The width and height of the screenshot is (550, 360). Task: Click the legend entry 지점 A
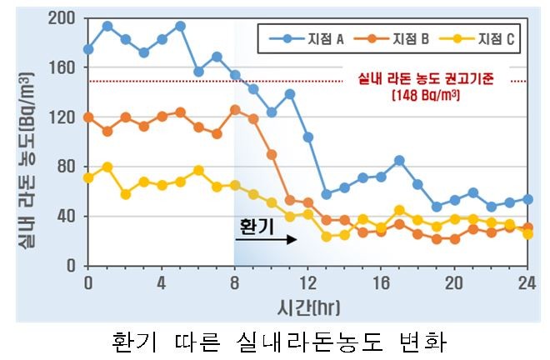click(x=310, y=38)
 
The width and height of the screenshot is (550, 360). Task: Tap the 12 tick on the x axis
click(x=308, y=282)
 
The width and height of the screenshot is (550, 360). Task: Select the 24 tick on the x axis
click(x=527, y=282)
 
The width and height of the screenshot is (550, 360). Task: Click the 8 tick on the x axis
click(x=235, y=282)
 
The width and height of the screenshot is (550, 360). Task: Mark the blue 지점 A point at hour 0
click(x=88, y=49)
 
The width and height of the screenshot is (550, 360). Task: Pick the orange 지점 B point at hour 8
click(x=235, y=109)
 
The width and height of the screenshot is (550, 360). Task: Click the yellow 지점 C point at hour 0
click(x=88, y=177)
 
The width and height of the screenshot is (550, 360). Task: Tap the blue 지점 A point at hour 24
click(x=527, y=199)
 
